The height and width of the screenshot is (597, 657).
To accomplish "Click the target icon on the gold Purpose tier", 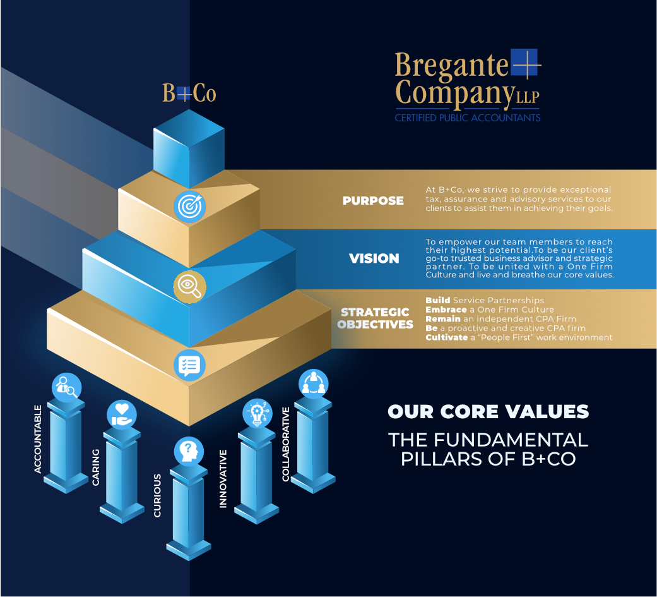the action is coord(190,207).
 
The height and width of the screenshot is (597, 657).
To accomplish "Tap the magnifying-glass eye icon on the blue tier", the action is coord(190,287).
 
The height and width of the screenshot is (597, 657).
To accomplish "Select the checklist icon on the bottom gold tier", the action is coord(189,365).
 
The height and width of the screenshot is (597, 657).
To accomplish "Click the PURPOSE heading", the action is coord(373,200).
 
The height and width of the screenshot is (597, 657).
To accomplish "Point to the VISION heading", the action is coord(374,258).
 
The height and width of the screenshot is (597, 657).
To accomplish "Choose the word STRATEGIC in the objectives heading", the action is coord(375,312).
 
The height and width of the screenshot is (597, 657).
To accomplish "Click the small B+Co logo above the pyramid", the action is coord(189,93).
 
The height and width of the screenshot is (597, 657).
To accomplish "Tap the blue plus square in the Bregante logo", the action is coord(524,63).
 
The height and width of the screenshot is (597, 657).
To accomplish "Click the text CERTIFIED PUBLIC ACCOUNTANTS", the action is coord(468,118).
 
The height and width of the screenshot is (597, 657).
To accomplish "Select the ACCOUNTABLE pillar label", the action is coord(38,439).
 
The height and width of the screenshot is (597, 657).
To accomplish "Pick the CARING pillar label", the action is coord(95,467).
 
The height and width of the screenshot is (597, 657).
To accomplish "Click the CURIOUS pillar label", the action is coord(157,495).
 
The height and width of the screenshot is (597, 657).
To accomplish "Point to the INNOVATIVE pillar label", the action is coord(223,479).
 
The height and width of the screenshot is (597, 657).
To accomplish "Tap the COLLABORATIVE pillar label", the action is coord(286,444).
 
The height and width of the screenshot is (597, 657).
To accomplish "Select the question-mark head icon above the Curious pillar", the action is coord(189,452).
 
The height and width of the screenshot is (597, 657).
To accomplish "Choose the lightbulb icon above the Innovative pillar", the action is coord(257,413).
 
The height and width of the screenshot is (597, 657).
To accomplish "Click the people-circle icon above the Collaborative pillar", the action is coord(314,384).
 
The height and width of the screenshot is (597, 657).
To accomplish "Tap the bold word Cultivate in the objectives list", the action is coord(447,337).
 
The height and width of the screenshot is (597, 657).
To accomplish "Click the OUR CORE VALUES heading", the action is coord(488,411).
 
